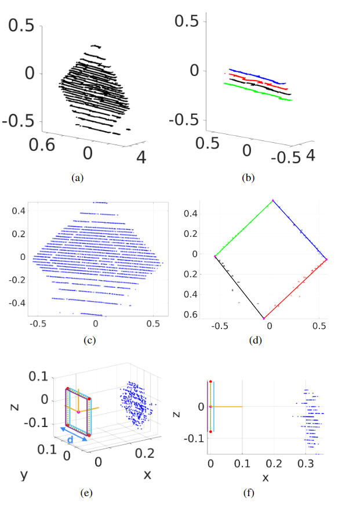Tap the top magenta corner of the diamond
tap(273, 201)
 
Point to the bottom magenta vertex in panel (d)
tap(264, 319)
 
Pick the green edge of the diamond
tap(243, 229)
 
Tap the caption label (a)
tap(77, 178)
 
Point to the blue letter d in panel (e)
tap(70, 441)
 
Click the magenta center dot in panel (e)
tap(79, 412)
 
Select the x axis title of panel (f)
tap(266, 478)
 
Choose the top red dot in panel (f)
tap(210, 382)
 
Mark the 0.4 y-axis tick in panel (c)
tap(19, 212)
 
